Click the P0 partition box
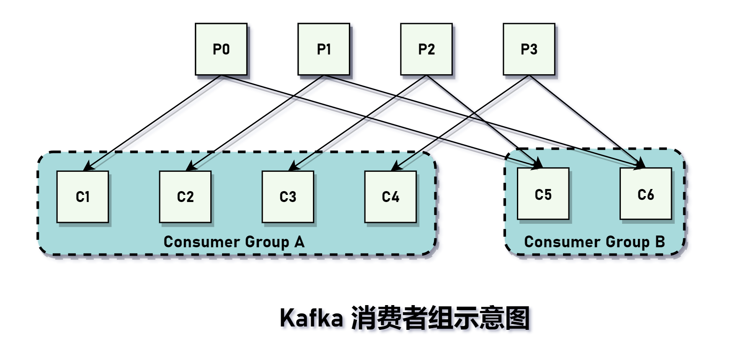pyautogui.click(x=221, y=49)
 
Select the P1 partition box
pyautogui.click(x=324, y=49)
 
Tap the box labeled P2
pyautogui.click(x=426, y=49)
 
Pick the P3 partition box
pyautogui.click(x=529, y=49)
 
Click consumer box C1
pyautogui.click(x=83, y=197)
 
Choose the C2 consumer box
pyautogui.click(x=185, y=197)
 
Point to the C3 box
pyautogui.click(x=288, y=197)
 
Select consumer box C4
pyautogui.click(x=390, y=197)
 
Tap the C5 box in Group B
pyautogui.click(x=543, y=194)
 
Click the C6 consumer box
pyautogui.click(x=646, y=194)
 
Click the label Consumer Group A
pyautogui.click(x=234, y=242)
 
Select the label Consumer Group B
pyautogui.click(x=594, y=242)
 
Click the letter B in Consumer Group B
pyautogui.click(x=660, y=242)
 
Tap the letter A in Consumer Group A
pyautogui.click(x=299, y=242)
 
